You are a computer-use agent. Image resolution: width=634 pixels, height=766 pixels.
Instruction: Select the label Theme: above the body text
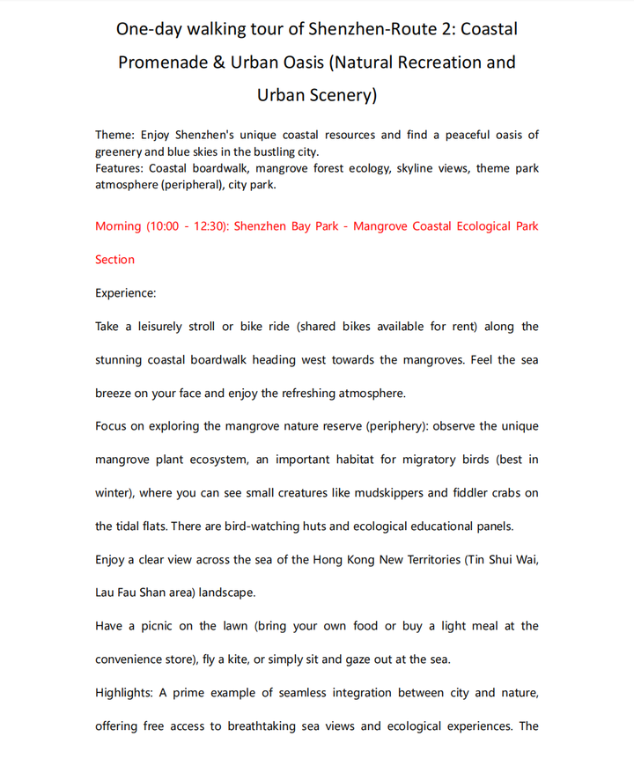[x=116, y=135]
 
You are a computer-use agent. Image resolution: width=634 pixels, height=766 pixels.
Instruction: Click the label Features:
[x=120, y=167]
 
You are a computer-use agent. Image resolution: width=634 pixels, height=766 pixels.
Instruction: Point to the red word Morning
[x=118, y=226]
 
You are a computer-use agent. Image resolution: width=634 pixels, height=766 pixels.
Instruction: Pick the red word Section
[x=115, y=260]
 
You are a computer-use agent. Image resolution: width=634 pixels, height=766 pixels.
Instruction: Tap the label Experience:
[x=126, y=293]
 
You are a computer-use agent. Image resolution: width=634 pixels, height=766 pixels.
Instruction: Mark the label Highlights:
[x=124, y=693]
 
